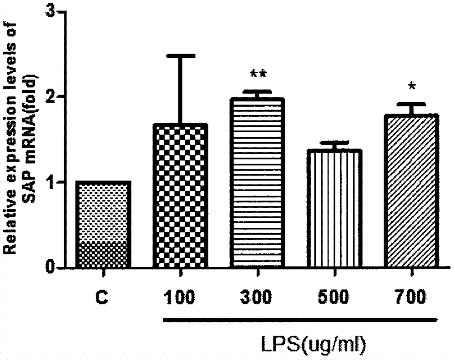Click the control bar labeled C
[104, 225]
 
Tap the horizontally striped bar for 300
[258, 183]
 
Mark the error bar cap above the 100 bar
[181, 56]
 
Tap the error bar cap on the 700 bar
[411, 104]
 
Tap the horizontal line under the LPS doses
[300, 320]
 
